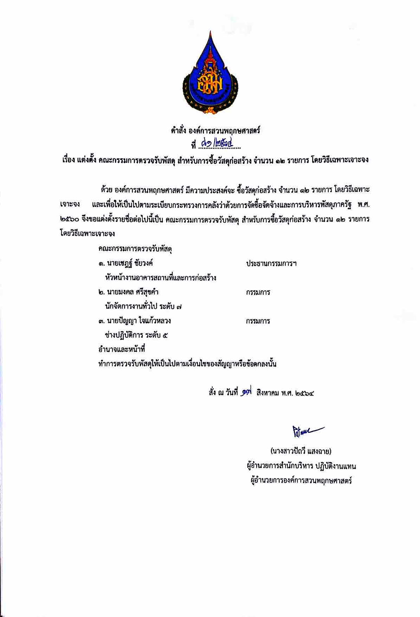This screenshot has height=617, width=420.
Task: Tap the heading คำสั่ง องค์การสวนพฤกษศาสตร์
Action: (215, 130)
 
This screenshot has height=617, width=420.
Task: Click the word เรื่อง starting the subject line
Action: (68, 160)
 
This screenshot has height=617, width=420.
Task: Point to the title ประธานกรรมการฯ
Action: (271, 263)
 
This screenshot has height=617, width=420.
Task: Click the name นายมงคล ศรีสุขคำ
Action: (132, 292)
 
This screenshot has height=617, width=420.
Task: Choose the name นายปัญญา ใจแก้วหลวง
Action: (138, 321)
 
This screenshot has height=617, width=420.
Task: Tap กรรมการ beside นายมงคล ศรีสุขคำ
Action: (258, 292)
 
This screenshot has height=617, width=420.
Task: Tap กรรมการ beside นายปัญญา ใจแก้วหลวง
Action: (258, 321)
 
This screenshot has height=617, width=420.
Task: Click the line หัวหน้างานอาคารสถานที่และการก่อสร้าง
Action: (161, 278)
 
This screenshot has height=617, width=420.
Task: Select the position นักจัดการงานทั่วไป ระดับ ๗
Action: (144, 306)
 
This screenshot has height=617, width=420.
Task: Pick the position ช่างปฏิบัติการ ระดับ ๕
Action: (137, 335)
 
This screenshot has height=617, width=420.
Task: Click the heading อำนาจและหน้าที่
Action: (122, 349)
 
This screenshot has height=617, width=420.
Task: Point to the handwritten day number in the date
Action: (246, 392)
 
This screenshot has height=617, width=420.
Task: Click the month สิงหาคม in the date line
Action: (267, 393)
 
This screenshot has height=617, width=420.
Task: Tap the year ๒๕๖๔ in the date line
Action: (304, 393)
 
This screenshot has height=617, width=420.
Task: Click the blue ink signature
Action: (307, 431)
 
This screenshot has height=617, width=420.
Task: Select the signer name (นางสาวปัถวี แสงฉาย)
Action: (301, 451)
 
